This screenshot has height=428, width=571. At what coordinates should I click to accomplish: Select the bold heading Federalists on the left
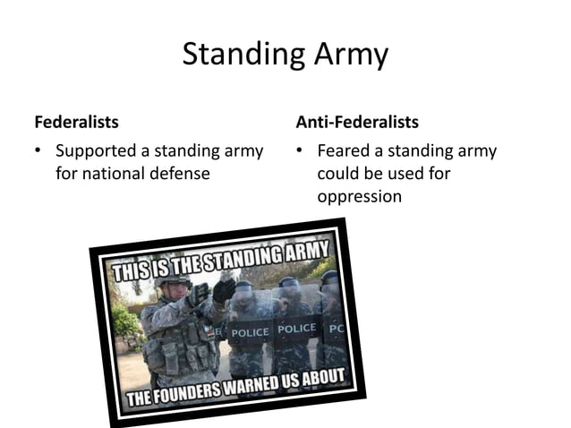tap(76, 121)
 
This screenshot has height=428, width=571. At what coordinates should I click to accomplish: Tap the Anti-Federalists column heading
tap(356, 121)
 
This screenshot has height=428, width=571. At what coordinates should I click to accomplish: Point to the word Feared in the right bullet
tap(345, 150)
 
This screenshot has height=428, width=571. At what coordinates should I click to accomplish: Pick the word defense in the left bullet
tap(183, 173)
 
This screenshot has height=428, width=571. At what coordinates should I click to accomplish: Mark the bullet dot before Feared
tap(300, 151)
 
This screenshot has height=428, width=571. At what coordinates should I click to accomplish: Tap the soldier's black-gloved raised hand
tap(223, 289)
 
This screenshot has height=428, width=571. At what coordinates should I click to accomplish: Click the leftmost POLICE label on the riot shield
tap(250, 331)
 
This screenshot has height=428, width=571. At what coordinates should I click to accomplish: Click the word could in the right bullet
tap(337, 173)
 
